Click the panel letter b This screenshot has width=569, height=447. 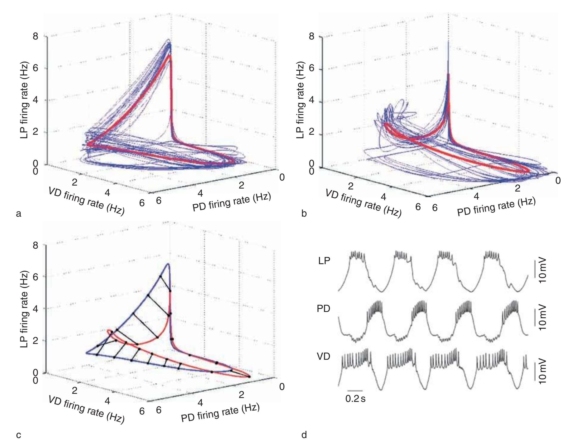pos(304,214)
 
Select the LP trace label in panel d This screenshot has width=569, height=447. pos(324,261)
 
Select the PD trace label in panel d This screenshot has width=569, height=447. pos(324,309)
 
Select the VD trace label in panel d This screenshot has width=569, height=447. pos(324,356)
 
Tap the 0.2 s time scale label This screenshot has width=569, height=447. pos(355,399)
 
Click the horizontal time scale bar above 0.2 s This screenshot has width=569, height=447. pos(355,391)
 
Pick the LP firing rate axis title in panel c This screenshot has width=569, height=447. pos(24,309)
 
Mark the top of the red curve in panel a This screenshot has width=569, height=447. pos(170,55)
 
